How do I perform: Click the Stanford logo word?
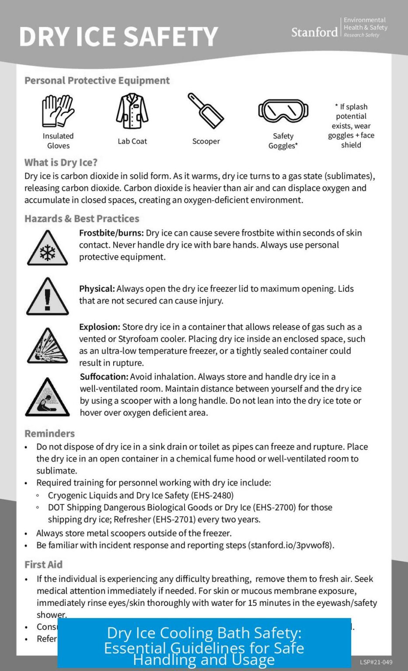pos(314,32)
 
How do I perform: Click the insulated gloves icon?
pos(58,111)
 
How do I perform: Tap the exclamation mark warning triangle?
pos(47,297)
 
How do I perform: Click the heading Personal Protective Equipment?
pos(97,80)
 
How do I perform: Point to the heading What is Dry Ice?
pos(61,163)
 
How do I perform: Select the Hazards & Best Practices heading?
pos(82,218)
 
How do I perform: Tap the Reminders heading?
pos(49,433)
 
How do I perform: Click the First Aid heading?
pos(43,564)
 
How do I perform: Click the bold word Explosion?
pos(99,327)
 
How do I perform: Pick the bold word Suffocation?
pos(104,377)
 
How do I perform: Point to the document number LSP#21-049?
pos(376,662)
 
